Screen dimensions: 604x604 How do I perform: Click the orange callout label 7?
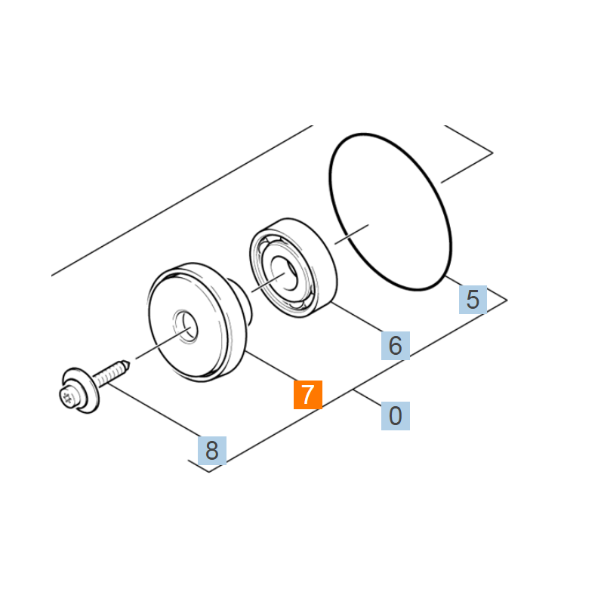coord(308,395)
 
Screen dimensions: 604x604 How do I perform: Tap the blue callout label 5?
coord(473,300)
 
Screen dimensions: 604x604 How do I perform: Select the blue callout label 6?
coord(395,346)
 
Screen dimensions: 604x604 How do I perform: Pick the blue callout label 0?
coord(395,416)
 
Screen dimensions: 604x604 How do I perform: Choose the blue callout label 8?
coord(212,451)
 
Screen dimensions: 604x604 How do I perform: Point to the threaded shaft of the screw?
coord(109,374)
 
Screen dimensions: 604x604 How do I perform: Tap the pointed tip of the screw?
coord(129,363)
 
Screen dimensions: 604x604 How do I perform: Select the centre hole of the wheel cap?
coord(186,326)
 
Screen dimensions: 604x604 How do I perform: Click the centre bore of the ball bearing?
coord(284,273)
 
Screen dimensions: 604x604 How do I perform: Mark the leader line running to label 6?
coord(356,316)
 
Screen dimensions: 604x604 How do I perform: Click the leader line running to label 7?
coord(273,366)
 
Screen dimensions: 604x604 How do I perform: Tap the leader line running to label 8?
coord(154,409)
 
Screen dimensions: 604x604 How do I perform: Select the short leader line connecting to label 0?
coord(367,398)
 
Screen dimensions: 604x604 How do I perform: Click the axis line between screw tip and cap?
coord(162,344)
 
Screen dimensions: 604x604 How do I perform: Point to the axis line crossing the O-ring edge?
coord(352,234)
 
